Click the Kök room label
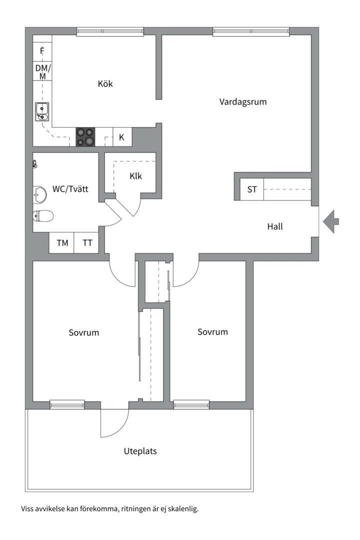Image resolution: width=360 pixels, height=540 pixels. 105,83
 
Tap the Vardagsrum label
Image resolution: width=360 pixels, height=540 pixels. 243,101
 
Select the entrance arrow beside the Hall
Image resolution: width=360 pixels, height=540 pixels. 331,221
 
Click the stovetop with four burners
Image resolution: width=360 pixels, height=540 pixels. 85,137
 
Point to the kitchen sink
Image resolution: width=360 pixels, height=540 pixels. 42,111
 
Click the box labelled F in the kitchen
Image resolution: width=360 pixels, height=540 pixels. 42,51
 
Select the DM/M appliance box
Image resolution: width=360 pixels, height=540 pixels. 42,71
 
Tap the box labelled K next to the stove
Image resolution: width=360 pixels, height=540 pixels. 122,137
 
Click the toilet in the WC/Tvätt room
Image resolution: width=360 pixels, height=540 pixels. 43,216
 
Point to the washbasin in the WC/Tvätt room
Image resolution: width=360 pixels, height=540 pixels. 39,194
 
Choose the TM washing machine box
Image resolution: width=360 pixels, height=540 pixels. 62,243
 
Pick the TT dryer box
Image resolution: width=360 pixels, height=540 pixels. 87,243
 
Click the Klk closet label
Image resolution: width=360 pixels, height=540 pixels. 135,176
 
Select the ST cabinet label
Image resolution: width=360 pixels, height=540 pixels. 252,189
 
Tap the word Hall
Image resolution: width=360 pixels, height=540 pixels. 275,226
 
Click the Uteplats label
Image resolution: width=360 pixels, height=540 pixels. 140,451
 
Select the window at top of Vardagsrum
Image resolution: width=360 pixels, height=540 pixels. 251,31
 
